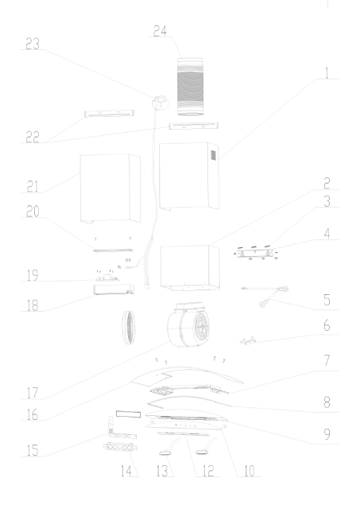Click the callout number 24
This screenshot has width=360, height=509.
pyautogui.click(x=160, y=31)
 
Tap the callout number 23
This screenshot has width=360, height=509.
pyautogui.click(x=33, y=44)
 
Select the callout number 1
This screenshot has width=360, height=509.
pyautogui.click(x=327, y=73)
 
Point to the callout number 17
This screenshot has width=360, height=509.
pyautogui.click(x=33, y=393)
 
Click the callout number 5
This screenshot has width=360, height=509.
pyautogui.click(x=327, y=300)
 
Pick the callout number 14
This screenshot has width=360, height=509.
pyautogui.click(x=126, y=471)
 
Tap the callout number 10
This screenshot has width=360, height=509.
pyautogui.click(x=249, y=471)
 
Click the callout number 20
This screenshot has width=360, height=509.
pyautogui.click(x=33, y=212)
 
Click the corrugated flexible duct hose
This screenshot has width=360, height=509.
pyautogui.click(x=190, y=87)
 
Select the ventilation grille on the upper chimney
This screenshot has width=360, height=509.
pyautogui.click(x=214, y=155)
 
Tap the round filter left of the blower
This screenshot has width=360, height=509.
pyautogui.click(x=128, y=327)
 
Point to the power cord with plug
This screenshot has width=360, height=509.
pyautogui.click(x=265, y=296)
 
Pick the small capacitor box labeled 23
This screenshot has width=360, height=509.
pyautogui.click(x=161, y=103)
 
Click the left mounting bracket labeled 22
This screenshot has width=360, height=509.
pyautogui.click(x=110, y=113)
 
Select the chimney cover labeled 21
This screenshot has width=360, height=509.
pyautogui.click(x=110, y=188)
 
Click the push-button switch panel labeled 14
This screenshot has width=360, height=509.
pyautogui.click(x=120, y=447)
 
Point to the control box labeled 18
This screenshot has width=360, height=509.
pyautogui.click(x=114, y=289)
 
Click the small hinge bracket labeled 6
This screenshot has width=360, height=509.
pyautogui.click(x=247, y=340)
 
